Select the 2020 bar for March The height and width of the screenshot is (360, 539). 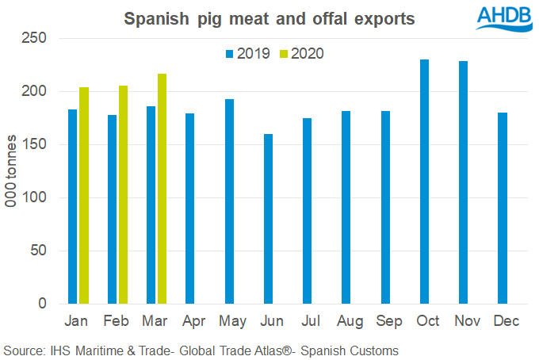[x=162, y=238]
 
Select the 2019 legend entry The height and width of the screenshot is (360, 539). [x=249, y=54]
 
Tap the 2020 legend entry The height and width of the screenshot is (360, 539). [x=301, y=54]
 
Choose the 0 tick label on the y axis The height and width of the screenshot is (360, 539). [x=44, y=304]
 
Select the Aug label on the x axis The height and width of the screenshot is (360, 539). [x=346, y=323]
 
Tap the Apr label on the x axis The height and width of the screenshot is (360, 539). [x=190, y=323]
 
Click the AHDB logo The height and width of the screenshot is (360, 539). [x=504, y=17]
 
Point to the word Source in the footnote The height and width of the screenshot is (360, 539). [x=25, y=350]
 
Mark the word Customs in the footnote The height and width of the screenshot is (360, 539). [x=374, y=350]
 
